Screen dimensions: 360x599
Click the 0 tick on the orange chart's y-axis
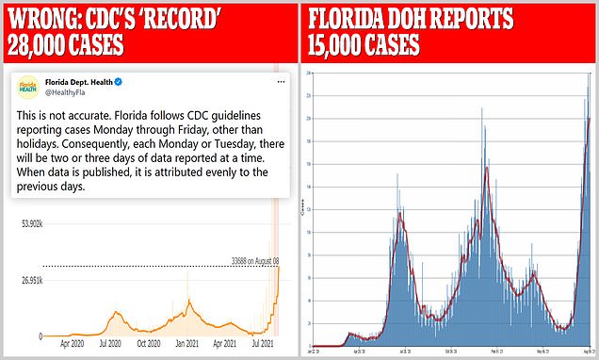39,336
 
